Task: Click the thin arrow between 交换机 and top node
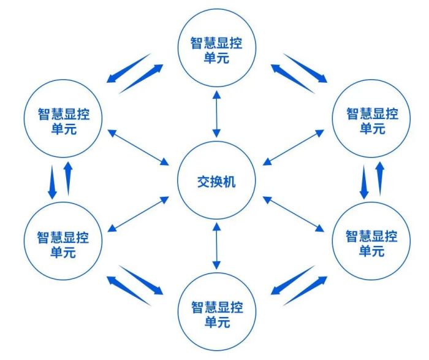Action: tap(217, 114)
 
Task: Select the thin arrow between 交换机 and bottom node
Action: tap(217, 246)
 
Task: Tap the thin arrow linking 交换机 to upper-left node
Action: tap(139, 147)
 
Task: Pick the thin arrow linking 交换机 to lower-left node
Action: tap(139, 214)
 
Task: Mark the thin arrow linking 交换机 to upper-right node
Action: tap(294, 147)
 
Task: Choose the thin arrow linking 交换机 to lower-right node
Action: tap(294, 214)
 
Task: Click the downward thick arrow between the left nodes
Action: tap(52, 182)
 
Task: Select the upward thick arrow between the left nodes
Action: tap(68, 178)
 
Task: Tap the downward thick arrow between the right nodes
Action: tap(364, 182)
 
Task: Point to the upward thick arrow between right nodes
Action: tap(380, 178)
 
